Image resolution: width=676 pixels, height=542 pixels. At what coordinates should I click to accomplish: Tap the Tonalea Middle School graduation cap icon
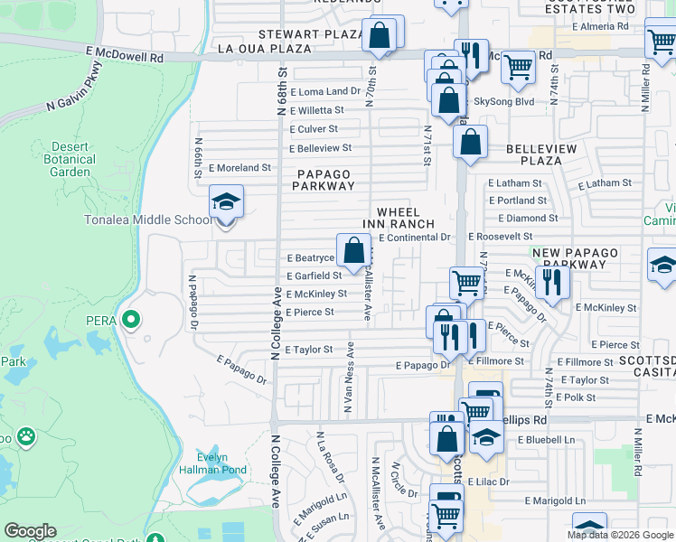pyautogui.click(x=226, y=201)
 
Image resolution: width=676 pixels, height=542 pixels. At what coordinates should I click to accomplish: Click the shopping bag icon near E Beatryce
pyautogui.click(x=353, y=249)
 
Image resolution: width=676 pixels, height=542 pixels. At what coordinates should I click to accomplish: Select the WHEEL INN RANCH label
pyautogui.click(x=406, y=218)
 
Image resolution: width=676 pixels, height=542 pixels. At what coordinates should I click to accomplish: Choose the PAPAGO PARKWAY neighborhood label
pyautogui.click(x=324, y=179)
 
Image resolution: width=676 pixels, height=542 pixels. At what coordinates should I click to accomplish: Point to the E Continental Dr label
pyautogui.click(x=414, y=238)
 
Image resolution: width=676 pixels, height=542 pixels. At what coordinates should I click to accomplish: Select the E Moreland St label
pyautogui.click(x=240, y=168)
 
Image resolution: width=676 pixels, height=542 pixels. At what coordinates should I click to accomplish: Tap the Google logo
pyautogui.click(x=30, y=531)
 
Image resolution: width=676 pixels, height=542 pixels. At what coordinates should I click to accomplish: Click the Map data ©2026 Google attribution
pyautogui.click(x=621, y=535)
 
